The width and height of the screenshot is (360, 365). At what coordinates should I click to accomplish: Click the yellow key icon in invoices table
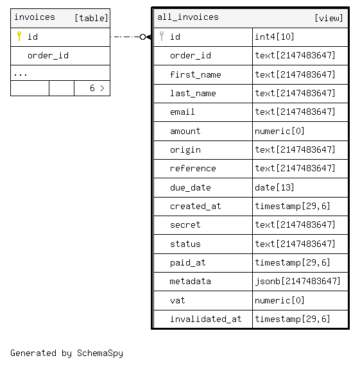[19, 37]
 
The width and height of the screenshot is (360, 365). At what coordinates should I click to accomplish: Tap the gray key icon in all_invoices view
[162, 37]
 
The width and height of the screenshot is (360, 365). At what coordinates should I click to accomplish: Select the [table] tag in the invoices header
[91, 18]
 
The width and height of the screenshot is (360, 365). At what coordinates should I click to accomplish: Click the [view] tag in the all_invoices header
[329, 18]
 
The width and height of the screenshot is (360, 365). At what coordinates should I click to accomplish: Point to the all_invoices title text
[188, 17]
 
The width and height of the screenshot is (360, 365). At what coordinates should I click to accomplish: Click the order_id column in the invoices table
[48, 56]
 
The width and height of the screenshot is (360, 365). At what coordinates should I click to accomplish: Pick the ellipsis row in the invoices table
[21, 74]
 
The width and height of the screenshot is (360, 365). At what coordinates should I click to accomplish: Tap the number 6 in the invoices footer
[92, 88]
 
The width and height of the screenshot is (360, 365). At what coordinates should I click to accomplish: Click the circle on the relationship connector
[142, 37]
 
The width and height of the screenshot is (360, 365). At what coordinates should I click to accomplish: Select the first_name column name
[195, 74]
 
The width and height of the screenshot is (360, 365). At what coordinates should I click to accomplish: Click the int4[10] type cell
[274, 37]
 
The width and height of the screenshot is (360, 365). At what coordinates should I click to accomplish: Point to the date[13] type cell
[274, 187]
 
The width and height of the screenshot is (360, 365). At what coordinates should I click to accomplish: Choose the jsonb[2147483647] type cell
[298, 281]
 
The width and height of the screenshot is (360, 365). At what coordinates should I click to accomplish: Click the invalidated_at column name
[205, 319]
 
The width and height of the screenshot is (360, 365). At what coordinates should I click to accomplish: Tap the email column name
[182, 112]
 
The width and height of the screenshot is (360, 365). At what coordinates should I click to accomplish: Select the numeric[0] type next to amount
[279, 131]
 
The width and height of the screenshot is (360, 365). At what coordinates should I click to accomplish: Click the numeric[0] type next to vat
[279, 300]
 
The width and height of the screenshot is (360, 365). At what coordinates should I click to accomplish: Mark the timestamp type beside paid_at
[293, 262]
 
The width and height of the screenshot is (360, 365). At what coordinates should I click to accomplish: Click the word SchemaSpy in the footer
[100, 353]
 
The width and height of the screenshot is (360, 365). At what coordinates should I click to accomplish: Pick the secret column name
[185, 225]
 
